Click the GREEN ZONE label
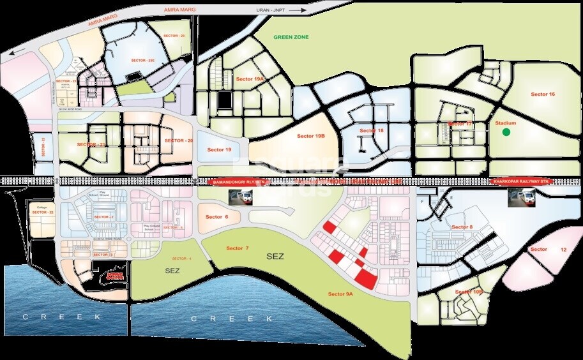pyautogui.click(x=291, y=37)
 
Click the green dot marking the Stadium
pyautogui.click(x=506, y=132)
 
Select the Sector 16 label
pyautogui.click(x=543, y=94)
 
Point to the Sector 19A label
pyautogui.click(x=250, y=79)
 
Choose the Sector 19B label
pyautogui.click(x=311, y=136)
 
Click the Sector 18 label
pyautogui.click(x=372, y=130)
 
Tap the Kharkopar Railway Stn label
pyautogui.click(x=521, y=182)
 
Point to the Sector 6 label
pyautogui.click(x=216, y=217)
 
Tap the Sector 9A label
pyautogui.click(x=341, y=294)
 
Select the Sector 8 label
pyautogui.click(x=462, y=227)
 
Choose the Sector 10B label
pyautogui.click(x=469, y=292)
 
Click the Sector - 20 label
pyautogui.click(x=178, y=140)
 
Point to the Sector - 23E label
pyautogui.click(x=143, y=60)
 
